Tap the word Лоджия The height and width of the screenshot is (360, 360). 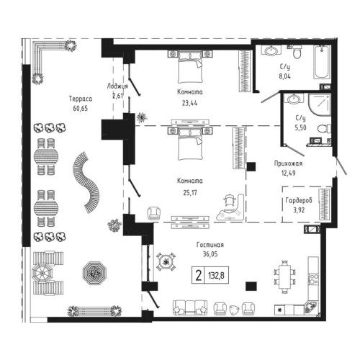pos(117,85)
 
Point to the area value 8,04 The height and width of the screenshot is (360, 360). pos(286,74)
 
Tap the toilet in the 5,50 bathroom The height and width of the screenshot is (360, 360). pos(324,129)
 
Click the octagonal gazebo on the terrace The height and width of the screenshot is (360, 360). pos(94,272)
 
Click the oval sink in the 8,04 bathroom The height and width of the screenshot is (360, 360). pos(271,51)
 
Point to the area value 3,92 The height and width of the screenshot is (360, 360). pos(297,210)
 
